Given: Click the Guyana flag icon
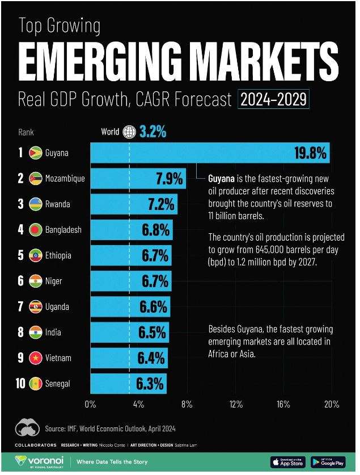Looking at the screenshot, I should point(35,153).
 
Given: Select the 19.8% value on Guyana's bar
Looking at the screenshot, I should point(310,153).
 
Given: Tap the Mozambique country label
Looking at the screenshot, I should point(65,179).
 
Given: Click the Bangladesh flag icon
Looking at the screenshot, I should point(35,230).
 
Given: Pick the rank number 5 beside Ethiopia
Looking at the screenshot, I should point(20,255).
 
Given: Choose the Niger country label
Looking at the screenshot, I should point(54,281).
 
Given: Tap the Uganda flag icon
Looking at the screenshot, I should point(35,306).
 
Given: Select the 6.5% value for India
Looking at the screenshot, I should point(153,333).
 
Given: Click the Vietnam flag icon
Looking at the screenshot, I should point(35,358).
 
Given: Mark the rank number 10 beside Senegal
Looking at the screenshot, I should point(20,384).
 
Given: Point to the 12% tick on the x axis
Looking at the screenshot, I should point(236,405).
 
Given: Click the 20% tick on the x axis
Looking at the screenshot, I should point(332,405).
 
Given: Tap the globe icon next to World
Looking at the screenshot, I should point(129,132).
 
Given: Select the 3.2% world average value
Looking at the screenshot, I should point(153,133).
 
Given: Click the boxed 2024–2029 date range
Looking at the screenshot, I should point(274,100).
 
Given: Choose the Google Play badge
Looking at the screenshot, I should point(328,462).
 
